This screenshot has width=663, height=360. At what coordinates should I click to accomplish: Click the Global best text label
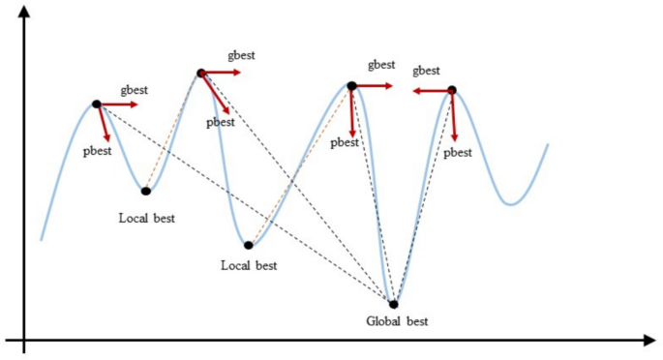[397, 321]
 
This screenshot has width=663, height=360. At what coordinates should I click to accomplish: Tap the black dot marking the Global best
[393, 304]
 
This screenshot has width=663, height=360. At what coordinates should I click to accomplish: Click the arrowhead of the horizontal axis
[649, 340]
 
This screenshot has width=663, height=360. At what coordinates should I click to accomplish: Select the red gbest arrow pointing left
[428, 91]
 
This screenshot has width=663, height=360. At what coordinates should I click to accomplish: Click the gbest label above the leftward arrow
[426, 72]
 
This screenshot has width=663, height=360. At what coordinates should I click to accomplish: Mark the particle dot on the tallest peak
[200, 73]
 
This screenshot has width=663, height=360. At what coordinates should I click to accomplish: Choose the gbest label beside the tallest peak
[242, 56]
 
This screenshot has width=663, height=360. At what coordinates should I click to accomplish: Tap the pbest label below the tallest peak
[221, 123]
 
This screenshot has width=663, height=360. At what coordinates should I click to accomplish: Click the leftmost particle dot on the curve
[97, 104]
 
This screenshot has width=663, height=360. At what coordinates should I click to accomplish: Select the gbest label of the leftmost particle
[135, 89]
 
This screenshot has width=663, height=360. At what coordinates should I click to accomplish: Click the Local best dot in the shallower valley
[145, 191]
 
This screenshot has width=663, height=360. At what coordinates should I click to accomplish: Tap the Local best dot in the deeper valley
[249, 245]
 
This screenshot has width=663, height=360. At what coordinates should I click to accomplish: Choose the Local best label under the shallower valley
[147, 218]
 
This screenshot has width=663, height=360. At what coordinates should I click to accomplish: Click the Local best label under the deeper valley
[249, 265]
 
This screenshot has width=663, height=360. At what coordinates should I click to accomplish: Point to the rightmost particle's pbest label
[458, 154]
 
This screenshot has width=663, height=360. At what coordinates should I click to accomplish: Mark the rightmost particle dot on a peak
[451, 91]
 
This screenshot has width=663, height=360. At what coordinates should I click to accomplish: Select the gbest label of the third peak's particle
[381, 65]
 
